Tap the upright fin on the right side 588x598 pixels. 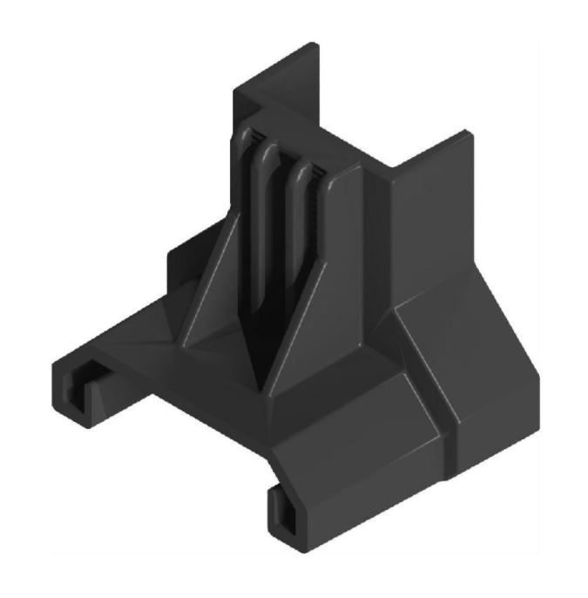(x=431, y=218)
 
